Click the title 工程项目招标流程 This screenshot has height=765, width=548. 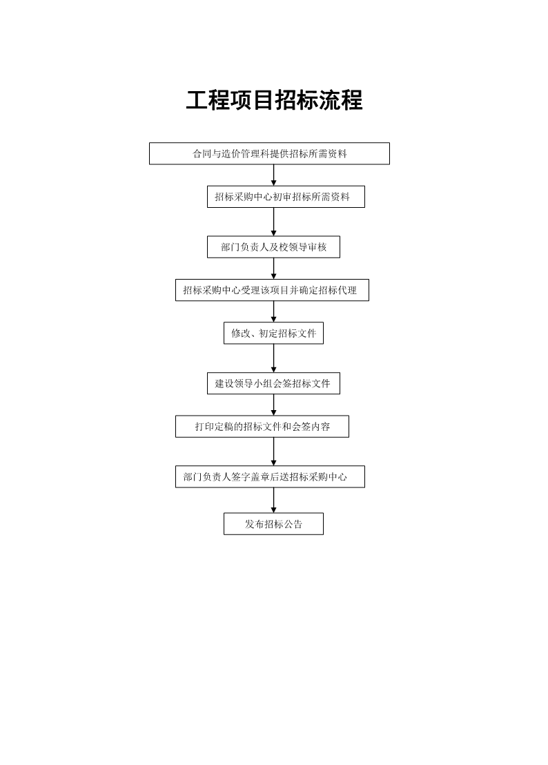274,100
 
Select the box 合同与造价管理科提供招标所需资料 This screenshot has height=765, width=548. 269,153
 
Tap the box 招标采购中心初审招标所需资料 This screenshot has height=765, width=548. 286,197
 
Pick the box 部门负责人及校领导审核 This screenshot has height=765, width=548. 273,247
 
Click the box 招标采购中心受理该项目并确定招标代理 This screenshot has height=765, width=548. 272,290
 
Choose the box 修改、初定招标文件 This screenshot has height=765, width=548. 273,333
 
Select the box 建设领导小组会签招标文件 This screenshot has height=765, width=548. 273,383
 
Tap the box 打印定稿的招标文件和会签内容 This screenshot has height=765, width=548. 262,427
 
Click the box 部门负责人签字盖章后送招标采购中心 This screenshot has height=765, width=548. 270,476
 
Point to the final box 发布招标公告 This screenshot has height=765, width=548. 273,523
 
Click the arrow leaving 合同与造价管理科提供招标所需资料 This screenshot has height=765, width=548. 273,175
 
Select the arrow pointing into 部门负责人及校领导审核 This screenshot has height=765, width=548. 273,222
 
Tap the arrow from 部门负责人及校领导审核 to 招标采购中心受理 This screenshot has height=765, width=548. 273,269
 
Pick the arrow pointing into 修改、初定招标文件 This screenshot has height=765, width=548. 273,311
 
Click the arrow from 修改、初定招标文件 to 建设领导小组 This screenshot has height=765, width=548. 273,358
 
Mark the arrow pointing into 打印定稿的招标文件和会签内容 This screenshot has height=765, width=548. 273,405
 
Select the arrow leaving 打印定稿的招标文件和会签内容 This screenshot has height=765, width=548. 273,452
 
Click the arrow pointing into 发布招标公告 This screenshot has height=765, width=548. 273,500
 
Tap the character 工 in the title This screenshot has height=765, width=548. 197,100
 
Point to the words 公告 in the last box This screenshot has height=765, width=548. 293,524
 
